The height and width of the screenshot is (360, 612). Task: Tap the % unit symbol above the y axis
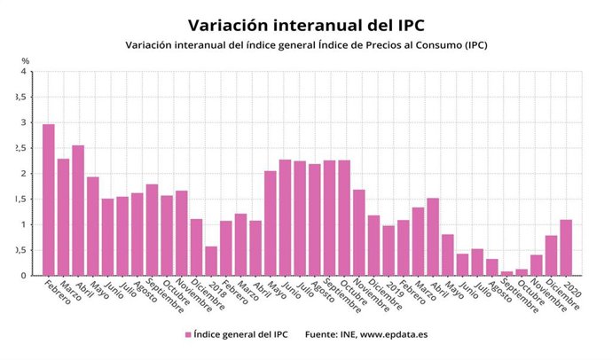click(26, 60)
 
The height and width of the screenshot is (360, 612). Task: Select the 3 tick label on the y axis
click(24, 123)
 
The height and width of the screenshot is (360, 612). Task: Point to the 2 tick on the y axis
click(24, 174)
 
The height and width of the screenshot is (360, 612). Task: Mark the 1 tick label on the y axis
click(24, 224)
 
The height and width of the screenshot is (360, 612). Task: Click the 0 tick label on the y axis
click(24, 275)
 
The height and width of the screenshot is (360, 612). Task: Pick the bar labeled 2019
click(388, 250)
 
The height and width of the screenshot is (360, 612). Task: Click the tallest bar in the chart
click(49, 200)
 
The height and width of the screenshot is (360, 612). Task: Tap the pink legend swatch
click(188, 334)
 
